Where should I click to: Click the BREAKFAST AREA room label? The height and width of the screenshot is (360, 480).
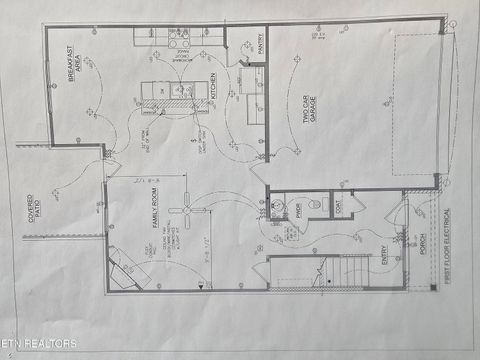72,64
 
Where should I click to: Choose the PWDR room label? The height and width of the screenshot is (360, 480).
298,209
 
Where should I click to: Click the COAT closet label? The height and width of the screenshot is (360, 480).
338,207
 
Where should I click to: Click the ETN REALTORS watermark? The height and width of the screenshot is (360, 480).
40,344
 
